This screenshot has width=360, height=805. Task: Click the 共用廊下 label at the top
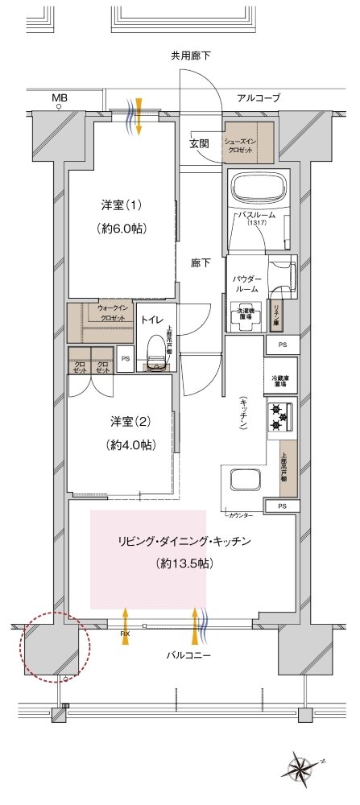click(190, 56)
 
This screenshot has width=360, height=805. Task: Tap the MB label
click(60, 98)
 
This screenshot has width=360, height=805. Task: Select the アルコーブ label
click(258, 97)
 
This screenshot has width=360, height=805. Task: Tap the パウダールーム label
click(246, 283)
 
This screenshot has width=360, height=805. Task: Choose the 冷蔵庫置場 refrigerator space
click(280, 380)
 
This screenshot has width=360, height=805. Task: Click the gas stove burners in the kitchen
click(280, 417)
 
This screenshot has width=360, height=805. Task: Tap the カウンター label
click(240, 514)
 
